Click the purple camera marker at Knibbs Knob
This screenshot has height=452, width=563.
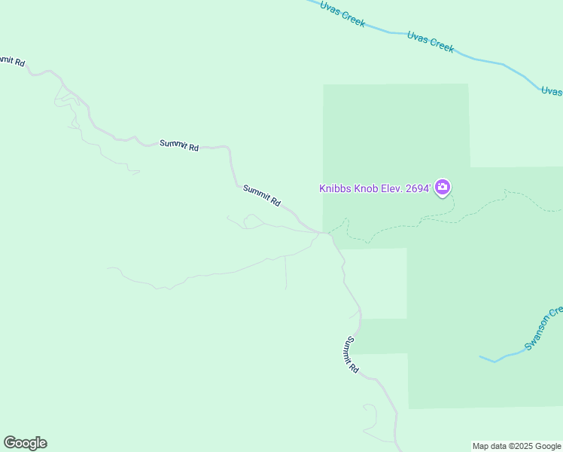[x=443, y=187]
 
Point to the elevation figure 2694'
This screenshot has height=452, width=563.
[x=418, y=188]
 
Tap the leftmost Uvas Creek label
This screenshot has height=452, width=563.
[x=342, y=14]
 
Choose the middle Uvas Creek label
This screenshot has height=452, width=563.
[x=431, y=41]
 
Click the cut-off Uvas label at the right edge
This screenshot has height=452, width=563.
[x=552, y=91]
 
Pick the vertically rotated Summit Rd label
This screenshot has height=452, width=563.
[x=351, y=355]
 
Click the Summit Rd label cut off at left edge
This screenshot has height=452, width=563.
[x=12, y=60]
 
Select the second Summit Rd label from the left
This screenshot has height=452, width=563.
[x=179, y=145]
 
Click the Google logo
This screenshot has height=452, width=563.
[x=25, y=443]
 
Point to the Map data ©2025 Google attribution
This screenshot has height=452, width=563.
[x=516, y=446]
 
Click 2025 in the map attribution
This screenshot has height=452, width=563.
[x=518, y=446]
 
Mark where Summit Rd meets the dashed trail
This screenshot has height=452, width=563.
[x=329, y=233]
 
